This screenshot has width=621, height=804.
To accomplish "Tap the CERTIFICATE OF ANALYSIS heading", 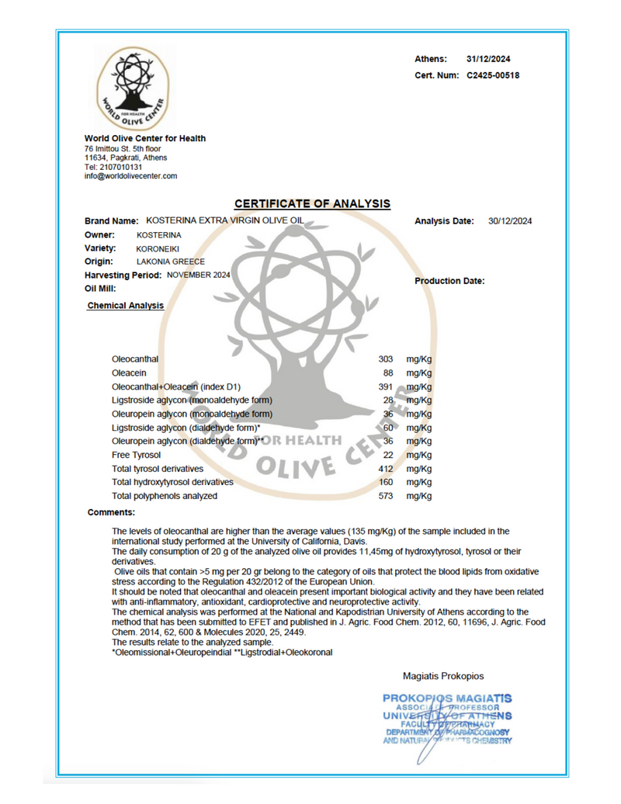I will pyautogui.click(x=312, y=204).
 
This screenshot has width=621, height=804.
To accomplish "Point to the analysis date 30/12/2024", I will pyautogui.click(x=510, y=221).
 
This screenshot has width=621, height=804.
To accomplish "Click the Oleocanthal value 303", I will pyautogui.click(x=385, y=359).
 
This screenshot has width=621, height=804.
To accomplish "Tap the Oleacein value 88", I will pyautogui.click(x=388, y=373).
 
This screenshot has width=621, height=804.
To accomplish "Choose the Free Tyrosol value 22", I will pyautogui.click(x=388, y=455).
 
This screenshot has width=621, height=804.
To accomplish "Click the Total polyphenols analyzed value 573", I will pyautogui.click(x=385, y=495).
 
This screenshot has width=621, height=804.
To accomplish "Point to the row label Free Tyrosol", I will pyautogui.click(x=137, y=455).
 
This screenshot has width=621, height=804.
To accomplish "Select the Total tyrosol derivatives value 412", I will pyautogui.click(x=385, y=468).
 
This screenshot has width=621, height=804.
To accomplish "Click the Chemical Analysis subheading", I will pyautogui.click(x=126, y=306).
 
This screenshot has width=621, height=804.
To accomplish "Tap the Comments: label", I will pyautogui.click(x=112, y=513).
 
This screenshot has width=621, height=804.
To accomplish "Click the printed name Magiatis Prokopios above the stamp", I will pyautogui.click(x=444, y=677).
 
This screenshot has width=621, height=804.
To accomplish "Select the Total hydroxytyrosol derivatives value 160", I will pyautogui.click(x=385, y=482).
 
